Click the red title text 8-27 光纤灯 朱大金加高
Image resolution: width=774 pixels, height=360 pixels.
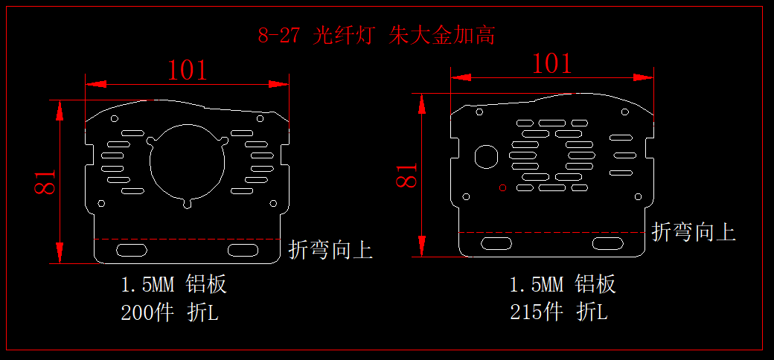(x=376, y=36)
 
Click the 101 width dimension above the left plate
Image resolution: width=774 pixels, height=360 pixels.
(x=187, y=71)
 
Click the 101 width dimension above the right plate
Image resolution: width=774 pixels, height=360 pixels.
(x=552, y=64)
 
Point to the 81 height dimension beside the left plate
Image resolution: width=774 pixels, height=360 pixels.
(x=45, y=182)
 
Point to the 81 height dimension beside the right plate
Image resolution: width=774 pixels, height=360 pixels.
(x=407, y=175)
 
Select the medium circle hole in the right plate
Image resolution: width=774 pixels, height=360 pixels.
(x=486, y=156)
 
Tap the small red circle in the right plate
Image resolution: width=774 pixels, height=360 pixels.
(x=503, y=187)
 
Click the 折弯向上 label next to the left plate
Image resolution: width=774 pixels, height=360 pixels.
(x=330, y=250)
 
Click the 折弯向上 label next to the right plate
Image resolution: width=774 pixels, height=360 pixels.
(x=694, y=232)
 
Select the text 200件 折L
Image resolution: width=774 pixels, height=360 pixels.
(x=170, y=312)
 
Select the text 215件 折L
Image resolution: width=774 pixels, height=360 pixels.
(x=559, y=312)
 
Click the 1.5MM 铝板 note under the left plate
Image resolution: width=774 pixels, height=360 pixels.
(x=173, y=285)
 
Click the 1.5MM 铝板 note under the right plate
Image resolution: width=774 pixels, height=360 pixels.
(x=563, y=285)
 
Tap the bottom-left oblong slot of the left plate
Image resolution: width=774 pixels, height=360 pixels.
(x=132, y=250)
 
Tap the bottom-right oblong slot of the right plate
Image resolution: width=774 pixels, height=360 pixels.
(x=607, y=242)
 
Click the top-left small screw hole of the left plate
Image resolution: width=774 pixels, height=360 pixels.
(x=115, y=118)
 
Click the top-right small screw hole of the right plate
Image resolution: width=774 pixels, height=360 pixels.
(x=625, y=112)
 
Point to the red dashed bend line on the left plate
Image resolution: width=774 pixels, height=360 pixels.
(x=187, y=240)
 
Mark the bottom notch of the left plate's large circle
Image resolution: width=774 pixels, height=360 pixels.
(x=187, y=204)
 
